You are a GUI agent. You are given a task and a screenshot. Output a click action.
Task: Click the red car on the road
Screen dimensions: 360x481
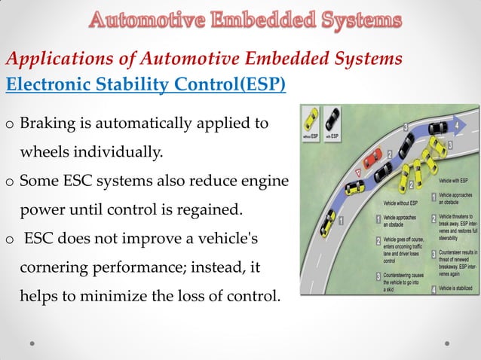click(x=372, y=160)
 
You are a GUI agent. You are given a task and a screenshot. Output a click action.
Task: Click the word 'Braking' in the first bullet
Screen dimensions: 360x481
click(x=46, y=123)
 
